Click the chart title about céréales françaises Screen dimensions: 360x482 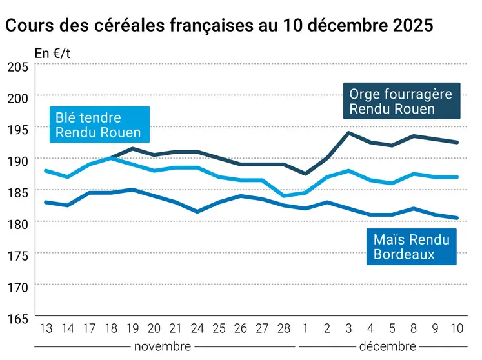click(219, 26)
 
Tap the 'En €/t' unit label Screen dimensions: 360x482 click(53, 54)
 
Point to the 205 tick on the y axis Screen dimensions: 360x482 click(17, 67)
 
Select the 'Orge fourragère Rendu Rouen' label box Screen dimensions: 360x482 click(401, 101)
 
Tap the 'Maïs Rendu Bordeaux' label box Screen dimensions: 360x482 click(411, 246)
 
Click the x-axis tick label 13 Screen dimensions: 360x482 click(46, 328)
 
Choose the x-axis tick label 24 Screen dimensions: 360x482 click(197, 328)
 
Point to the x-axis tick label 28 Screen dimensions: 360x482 click(284, 328)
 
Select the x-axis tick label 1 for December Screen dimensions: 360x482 click(305, 328)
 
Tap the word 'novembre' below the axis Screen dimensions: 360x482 click(162, 346)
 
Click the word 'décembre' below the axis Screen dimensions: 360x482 click(387, 346)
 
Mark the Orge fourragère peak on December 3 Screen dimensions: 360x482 click(348, 133)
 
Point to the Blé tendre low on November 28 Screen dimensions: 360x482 click(284, 195)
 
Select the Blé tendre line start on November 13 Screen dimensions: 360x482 click(46, 170)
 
